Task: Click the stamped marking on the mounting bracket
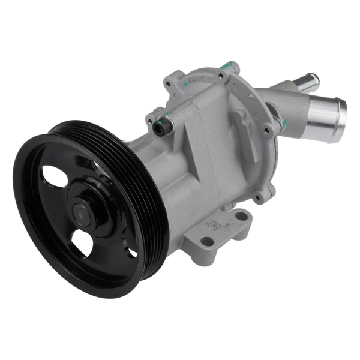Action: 213,227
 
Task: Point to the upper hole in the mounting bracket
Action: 241,215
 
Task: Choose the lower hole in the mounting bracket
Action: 206,241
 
